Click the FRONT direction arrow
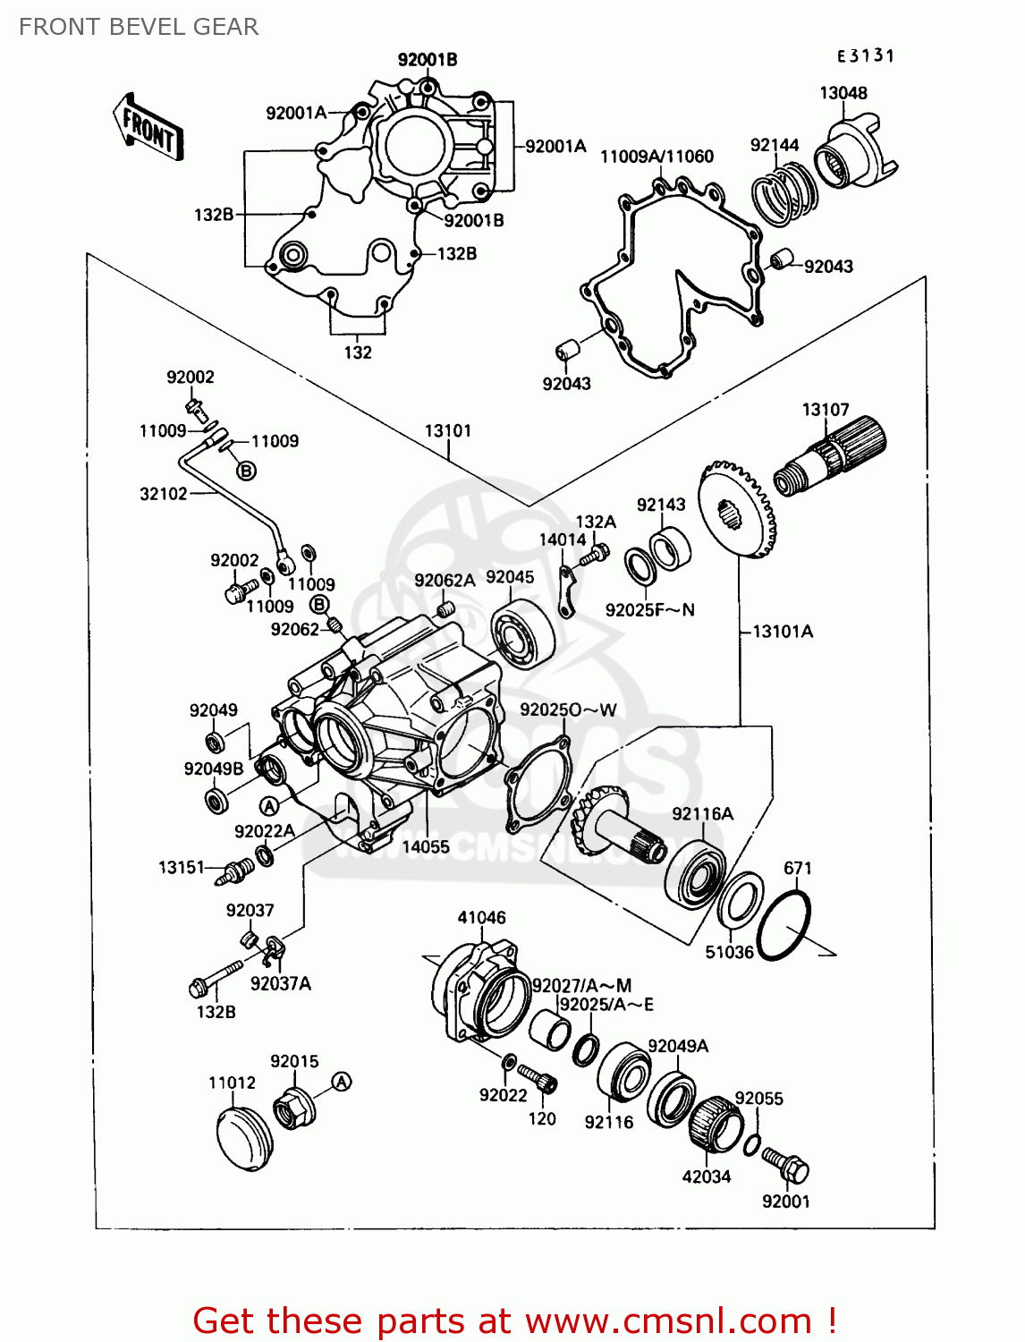tap(148, 129)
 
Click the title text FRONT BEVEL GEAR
tap(139, 27)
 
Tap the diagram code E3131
tap(865, 55)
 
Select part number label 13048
tap(843, 93)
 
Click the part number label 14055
tap(426, 846)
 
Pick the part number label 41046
tap(481, 917)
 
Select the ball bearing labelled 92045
tap(522, 635)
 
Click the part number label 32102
tap(164, 494)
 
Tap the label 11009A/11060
tap(657, 157)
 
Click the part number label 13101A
tap(783, 632)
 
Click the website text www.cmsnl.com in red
tap(668, 1321)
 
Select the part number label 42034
tap(707, 1176)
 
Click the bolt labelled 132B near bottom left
tap(216, 980)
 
